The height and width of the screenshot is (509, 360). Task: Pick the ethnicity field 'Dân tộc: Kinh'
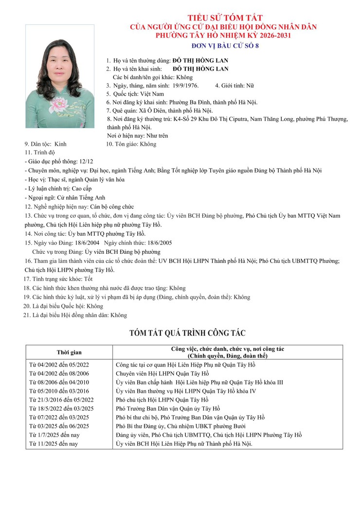tap(45, 144)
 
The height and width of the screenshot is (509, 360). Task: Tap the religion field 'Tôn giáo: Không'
tap(131, 144)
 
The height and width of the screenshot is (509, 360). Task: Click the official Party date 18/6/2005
tap(158, 243)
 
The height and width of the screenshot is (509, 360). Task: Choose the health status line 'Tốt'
tap(88, 279)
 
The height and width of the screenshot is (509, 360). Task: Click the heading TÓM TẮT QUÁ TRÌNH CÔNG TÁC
tap(187, 333)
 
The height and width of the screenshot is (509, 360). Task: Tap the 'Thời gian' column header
tap(69, 352)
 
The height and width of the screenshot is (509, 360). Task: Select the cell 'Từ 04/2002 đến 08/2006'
tap(63, 373)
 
